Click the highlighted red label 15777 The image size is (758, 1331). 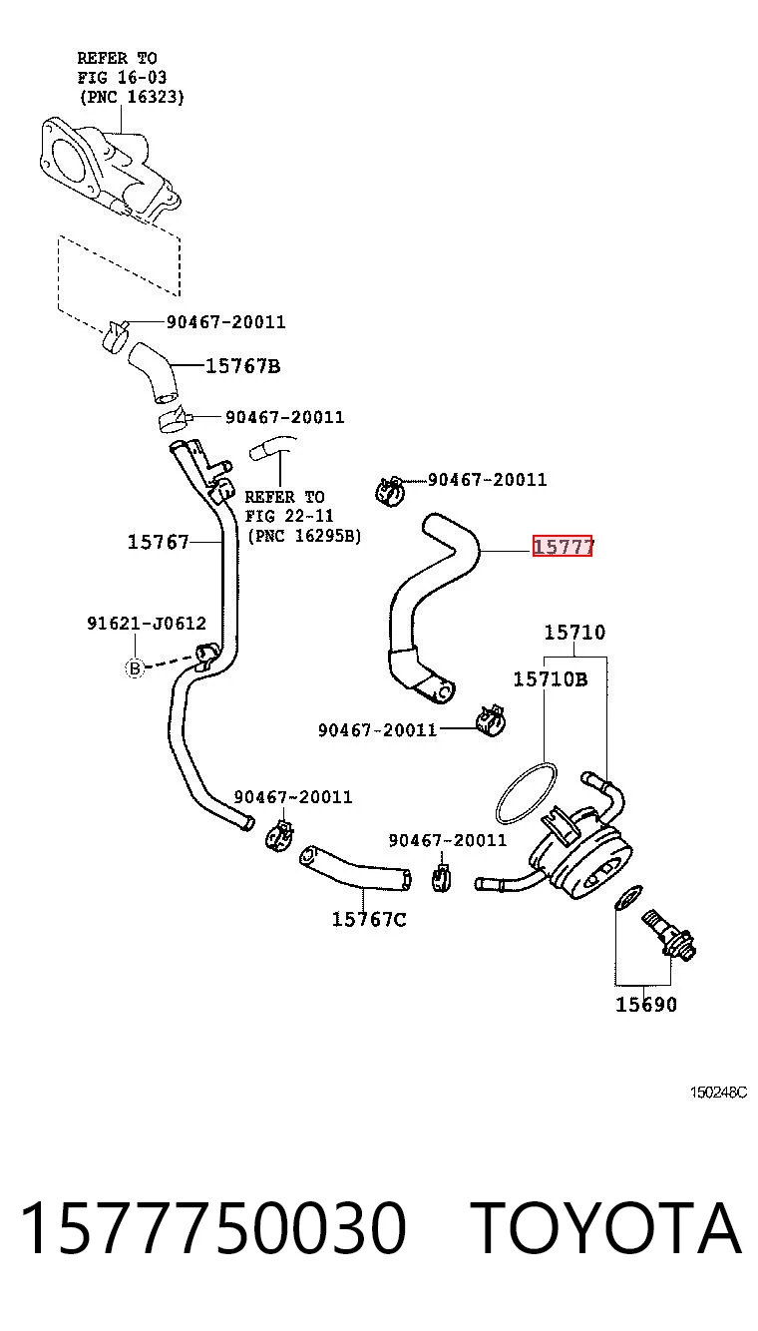click(562, 546)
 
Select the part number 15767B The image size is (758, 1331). click(242, 366)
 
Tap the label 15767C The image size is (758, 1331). click(369, 919)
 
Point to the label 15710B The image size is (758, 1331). click(551, 678)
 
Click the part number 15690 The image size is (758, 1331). click(645, 1004)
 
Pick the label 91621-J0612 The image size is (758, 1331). click(147, 623)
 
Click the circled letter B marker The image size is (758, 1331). click(135, 668)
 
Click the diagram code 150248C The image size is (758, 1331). click(718, 1093)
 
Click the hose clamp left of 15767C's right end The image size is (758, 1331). click(440, 879)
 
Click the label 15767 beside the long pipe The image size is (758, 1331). click(158, 542)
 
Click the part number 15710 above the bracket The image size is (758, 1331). click(575, 633)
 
